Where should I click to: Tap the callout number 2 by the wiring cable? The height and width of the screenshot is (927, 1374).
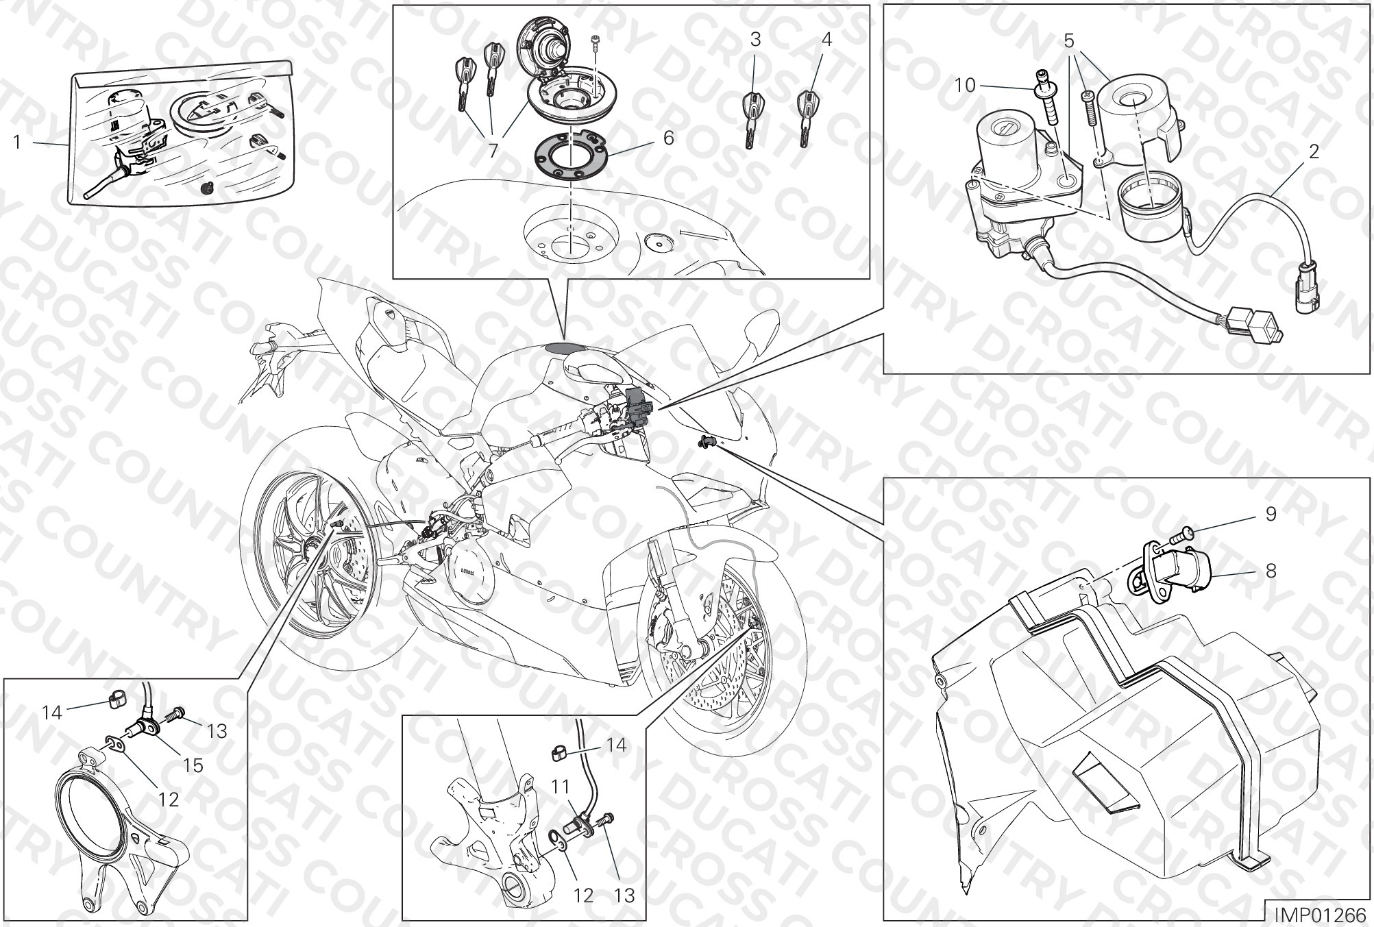[x=1313, y=151]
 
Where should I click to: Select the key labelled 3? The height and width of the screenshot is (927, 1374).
[x=753, y=118]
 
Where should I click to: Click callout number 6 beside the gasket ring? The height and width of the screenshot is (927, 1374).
[x=668, y=138]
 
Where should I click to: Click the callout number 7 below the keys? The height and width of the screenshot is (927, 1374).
[x=493, y=151]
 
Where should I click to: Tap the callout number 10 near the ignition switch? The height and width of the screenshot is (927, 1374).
[x=965, y=86]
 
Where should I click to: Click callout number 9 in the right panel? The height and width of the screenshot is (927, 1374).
[x=1271, y=514]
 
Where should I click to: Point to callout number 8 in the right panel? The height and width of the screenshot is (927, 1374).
[x=1271, y=570]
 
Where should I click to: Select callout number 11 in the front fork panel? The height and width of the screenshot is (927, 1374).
[x=561, y=788]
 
